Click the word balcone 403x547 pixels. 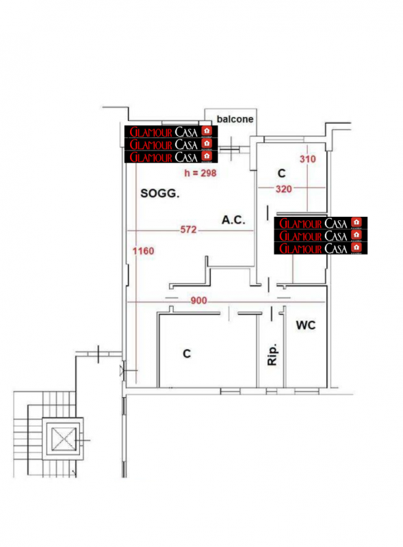tap(235, 119)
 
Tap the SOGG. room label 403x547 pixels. tap(160, 194)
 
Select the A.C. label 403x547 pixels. tap(233, 219)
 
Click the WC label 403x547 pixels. tap(306, 325)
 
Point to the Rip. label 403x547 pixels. tap(272, 354)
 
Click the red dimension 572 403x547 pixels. tap(188, 230)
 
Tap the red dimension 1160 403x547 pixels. tap(143, 251)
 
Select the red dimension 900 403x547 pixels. tap(198, 300)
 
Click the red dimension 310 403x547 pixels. tap(308, 159)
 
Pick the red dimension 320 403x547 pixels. tap(283, 189)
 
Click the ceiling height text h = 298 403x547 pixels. tap(200, 173)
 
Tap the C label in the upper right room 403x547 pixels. tap(281, 173)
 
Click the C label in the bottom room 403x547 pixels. tap(187, 353)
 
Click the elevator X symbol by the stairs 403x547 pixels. tap(64, 438)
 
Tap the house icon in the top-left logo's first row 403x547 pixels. tap(207, 131)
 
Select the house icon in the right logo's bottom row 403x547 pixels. tap(356, 248)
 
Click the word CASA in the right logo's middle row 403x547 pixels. tap(336, 236)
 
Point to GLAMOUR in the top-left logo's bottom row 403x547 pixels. tap(151, 157)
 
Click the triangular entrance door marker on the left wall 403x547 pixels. tap(122, 370)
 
